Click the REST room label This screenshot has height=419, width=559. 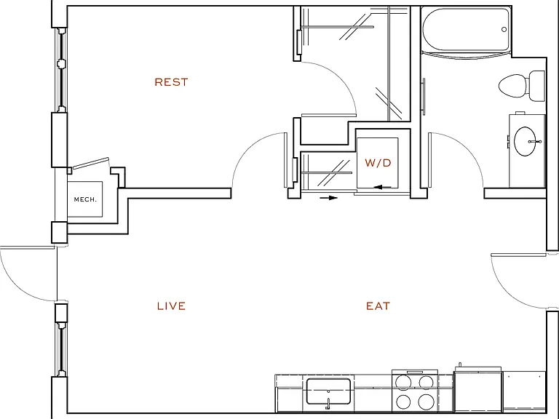tap(171, 82)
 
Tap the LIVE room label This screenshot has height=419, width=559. tap(171, 306)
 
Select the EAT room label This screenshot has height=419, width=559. tap(378, 306)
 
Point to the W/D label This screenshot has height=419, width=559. tap(378, 163)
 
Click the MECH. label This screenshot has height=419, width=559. tap(85, 199)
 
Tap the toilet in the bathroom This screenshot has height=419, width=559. tap(522, 86)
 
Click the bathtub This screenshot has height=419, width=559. tap(467, 30)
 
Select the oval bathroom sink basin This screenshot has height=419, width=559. tap(525, 141)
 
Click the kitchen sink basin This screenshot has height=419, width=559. tap(328, 391)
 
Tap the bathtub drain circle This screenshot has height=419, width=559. tap(504, 30)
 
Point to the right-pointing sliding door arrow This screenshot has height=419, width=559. tap(329, 198)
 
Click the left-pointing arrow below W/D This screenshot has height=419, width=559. tap(383, 187)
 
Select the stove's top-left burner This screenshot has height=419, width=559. tap(403, 383)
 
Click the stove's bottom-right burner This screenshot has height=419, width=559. tap(426, 402)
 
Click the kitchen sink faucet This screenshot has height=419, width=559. tap(328, 402)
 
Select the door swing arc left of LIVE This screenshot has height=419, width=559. tap(15, 285)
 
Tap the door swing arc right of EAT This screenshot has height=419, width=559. tap(507, 292)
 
